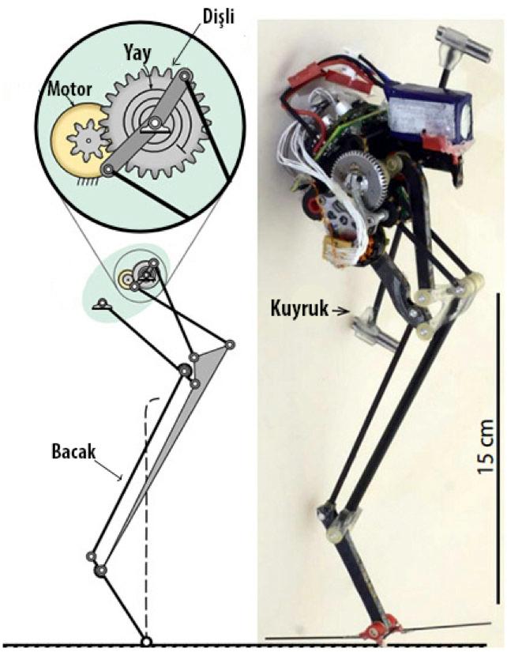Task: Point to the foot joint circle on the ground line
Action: click(145, 641)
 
